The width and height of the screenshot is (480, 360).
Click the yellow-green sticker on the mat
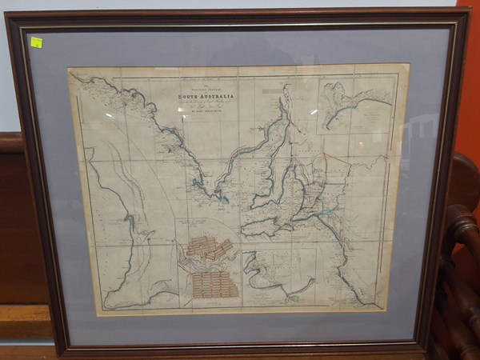tap(36, 42)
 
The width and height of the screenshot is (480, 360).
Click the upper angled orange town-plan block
tap(209, 250)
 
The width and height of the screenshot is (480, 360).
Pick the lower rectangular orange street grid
tap(214, 284)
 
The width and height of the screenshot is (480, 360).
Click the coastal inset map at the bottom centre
tap(276, 276)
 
